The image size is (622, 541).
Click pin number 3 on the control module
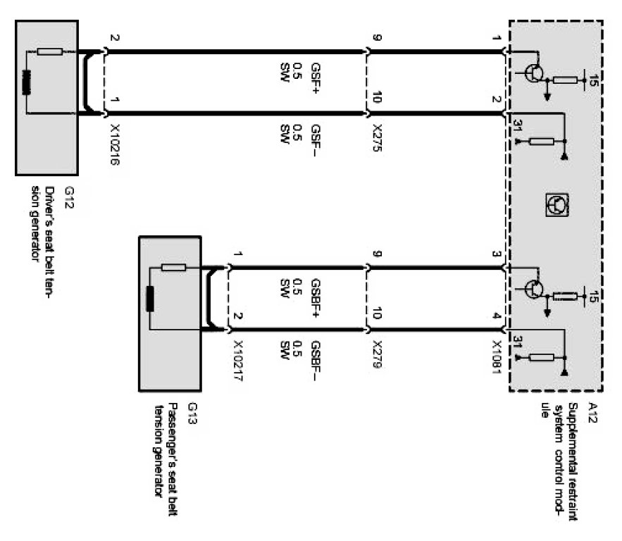pyautogui.click(x=496, y=254)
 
